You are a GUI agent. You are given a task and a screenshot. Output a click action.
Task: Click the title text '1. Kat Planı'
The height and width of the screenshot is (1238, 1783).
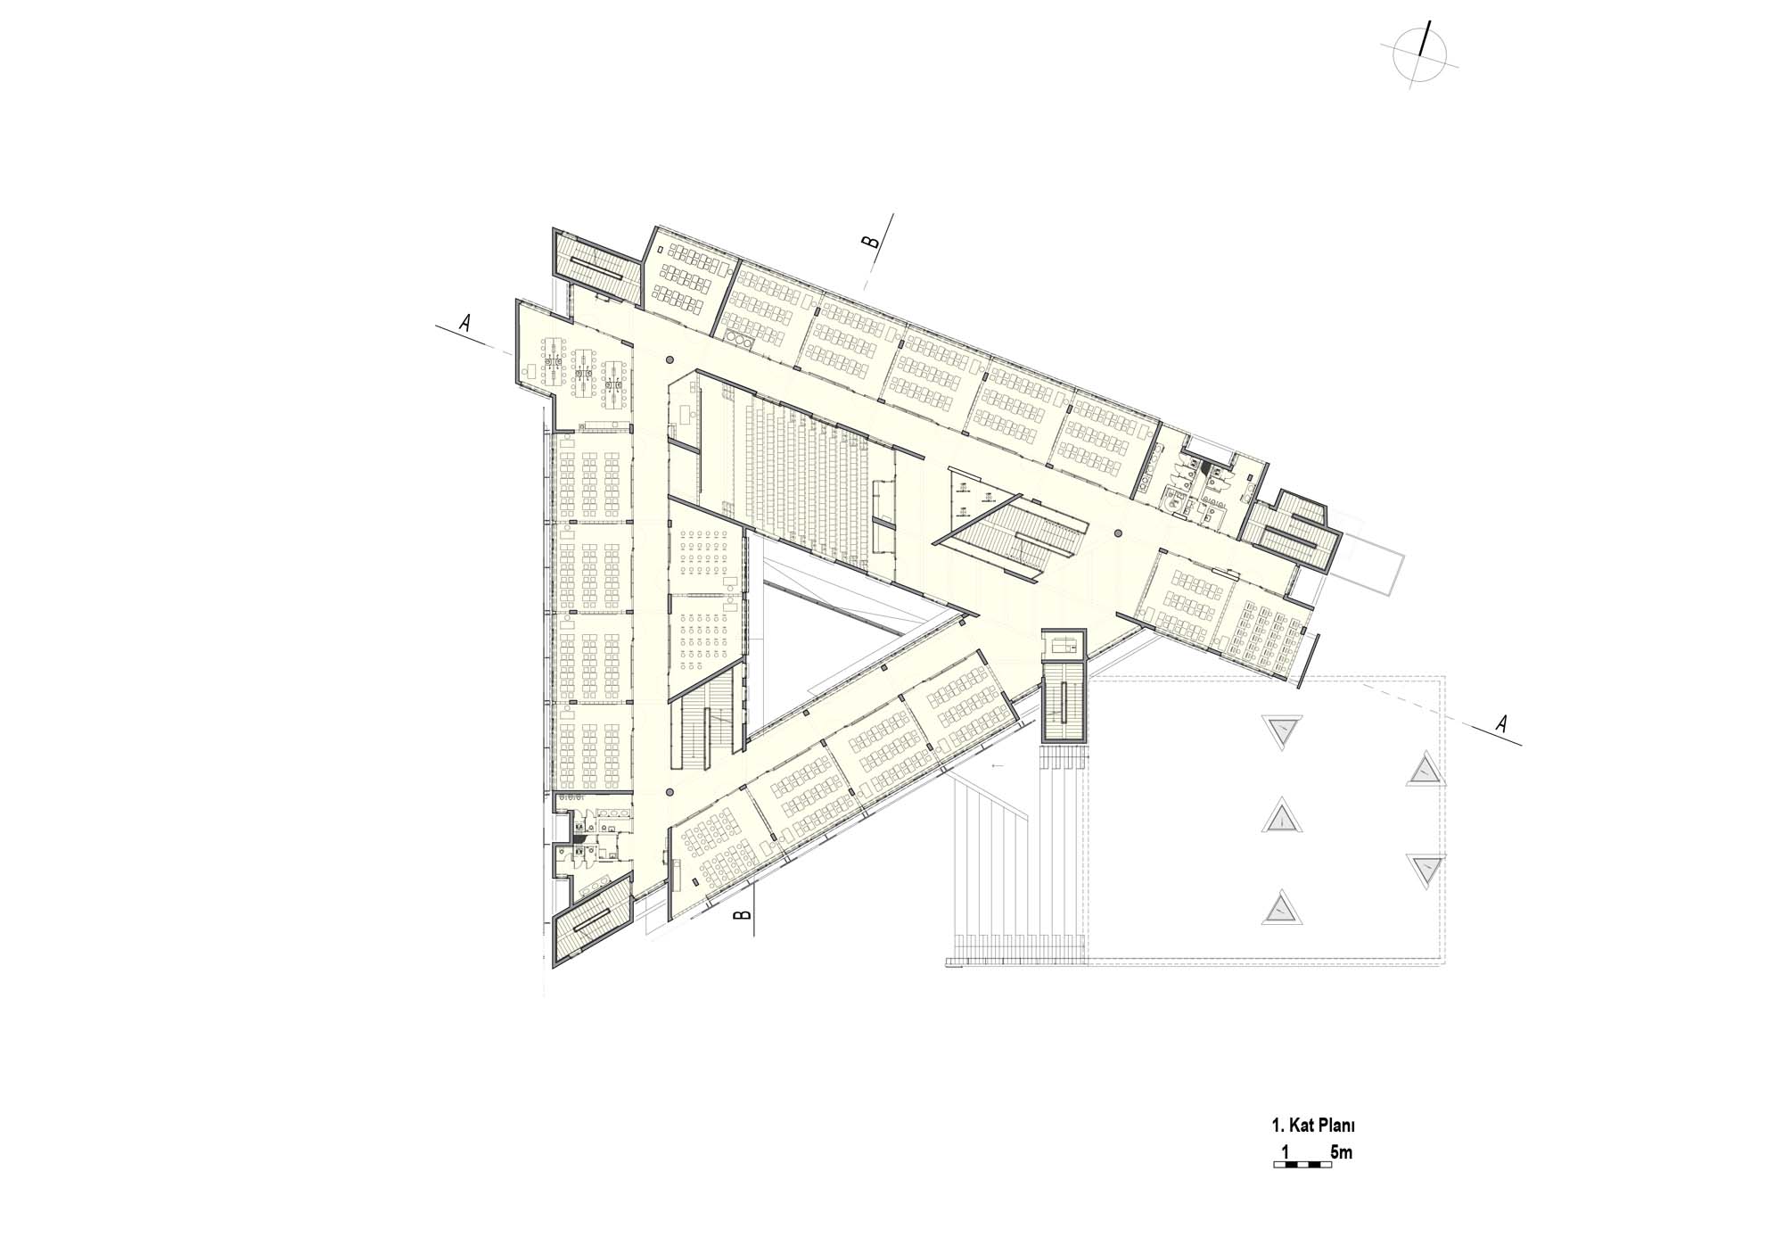tap(1313, 1127)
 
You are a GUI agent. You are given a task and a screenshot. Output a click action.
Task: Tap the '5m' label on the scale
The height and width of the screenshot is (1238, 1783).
tap(1341, 1153)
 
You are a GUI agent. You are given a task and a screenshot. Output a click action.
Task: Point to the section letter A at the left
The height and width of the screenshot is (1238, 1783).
tap(464, 323)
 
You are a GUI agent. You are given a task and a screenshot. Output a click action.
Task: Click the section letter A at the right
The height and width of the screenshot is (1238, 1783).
tap(1501, 724)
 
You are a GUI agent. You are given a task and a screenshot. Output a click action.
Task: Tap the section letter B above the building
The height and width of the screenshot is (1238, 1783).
tap(873, 241)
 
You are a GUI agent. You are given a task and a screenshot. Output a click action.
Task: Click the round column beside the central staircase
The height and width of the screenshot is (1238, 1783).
tap(1117, 534)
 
